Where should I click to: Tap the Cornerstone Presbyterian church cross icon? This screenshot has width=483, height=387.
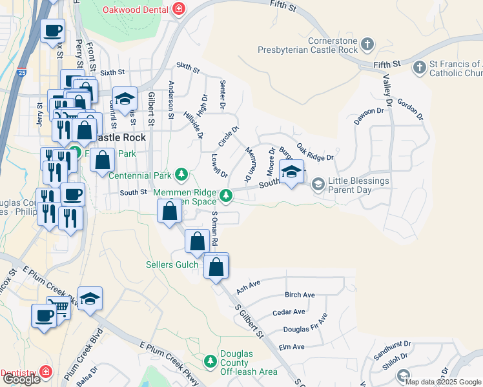tap(367, 45)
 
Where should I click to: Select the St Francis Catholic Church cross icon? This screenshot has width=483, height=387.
tap(419, 67)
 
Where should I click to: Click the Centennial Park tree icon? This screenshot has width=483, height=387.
tap(182, 174)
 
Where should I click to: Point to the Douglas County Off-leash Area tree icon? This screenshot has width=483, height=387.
tap(211, 361)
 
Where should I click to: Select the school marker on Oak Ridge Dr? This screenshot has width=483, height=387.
tap(291, 172)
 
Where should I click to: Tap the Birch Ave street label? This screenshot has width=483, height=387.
tap(300, 295)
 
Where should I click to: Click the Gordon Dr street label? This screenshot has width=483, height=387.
tap(410, 109)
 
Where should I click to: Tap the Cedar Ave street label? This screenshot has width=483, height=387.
tap(289, 312)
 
